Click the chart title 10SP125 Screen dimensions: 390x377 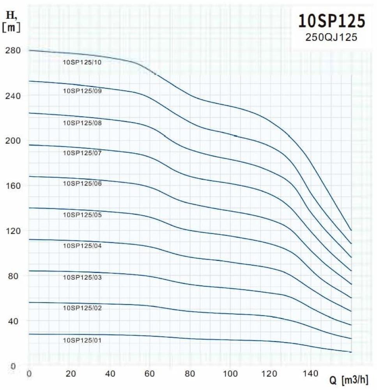[332, 21]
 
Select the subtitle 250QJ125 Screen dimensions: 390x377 [332, 37]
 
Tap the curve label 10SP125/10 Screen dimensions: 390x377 [82, 62]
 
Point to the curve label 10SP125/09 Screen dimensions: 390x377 [82, 91]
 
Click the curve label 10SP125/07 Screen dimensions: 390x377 [82, 153]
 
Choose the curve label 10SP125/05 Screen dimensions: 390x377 [82, 215]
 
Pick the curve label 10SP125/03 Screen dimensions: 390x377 [82, 277]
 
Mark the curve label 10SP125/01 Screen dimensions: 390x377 [82, 340]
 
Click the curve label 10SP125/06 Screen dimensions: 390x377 [82, 183]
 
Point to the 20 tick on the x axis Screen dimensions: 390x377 [71, 374]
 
